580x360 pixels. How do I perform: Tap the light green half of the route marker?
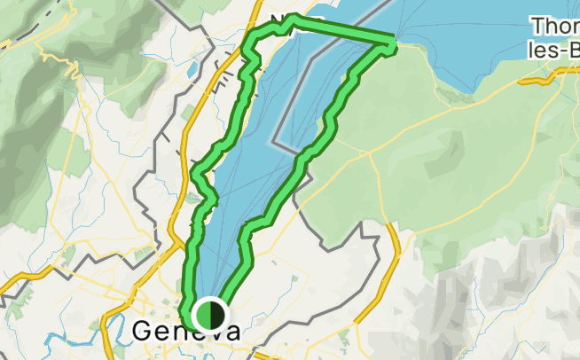coord(204,315)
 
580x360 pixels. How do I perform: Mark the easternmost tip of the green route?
coord(393,40)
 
